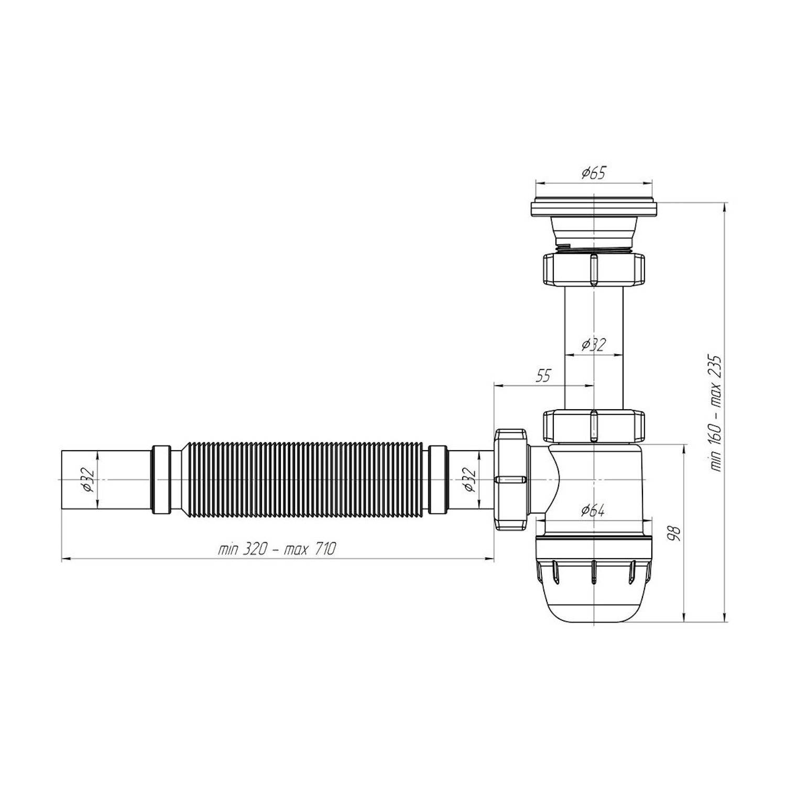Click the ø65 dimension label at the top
click(x=593, y=173)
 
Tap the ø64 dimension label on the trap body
click(x=593, y=510)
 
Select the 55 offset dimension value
click(x=544, y=376)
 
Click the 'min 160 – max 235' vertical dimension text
click(x=716, y=413)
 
